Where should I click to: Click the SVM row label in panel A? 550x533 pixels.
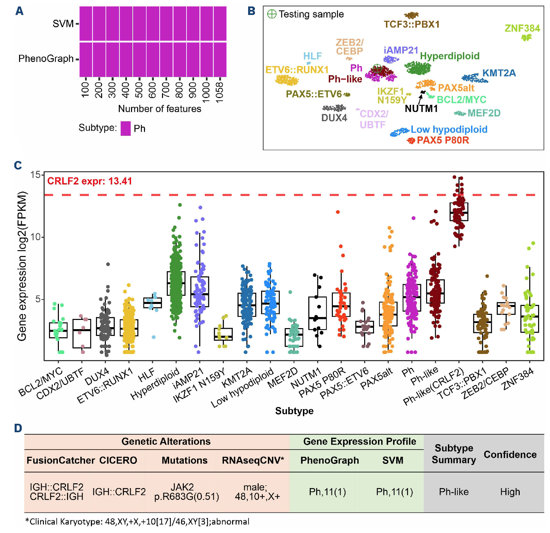coord(63,24)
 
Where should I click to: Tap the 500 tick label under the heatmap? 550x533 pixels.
coord(139,90)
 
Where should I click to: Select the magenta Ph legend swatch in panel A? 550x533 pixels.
coord(126,129)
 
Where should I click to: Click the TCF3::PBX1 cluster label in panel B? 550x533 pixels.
coord(411,25)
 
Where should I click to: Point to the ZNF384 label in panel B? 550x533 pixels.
coord(522,28)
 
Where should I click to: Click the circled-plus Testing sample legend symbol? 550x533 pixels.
coord(272,14)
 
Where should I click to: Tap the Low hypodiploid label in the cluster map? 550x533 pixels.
coord(449,129)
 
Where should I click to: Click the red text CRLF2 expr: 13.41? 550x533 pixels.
coord(90,181)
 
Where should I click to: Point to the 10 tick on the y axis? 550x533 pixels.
coord(35,237)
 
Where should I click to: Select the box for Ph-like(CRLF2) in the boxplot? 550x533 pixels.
coord(459,212)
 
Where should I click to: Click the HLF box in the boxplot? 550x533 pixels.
coord(152,303)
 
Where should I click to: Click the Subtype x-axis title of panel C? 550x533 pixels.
coord(294,411)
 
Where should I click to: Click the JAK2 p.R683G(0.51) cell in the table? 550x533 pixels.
coord(187,492)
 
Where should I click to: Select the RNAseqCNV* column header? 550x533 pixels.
coord(253,461)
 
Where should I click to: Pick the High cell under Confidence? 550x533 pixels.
coord(510,492)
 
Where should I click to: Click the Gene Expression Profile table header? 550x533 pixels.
coord(359,441)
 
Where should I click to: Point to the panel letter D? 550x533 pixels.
coord(18,428)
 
